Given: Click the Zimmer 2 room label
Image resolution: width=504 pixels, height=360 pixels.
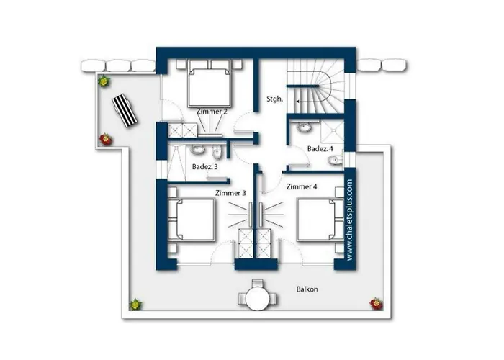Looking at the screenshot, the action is [212, 112].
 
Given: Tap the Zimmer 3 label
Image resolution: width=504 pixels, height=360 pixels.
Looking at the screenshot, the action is [230, 193].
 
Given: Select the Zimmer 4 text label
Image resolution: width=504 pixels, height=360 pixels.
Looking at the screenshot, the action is [302, 186].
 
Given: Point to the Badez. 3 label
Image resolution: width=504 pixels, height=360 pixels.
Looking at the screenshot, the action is [204, 167].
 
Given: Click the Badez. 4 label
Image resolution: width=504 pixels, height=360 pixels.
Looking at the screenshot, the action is [320, 149].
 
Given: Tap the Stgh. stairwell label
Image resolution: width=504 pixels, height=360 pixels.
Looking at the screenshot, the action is [275, 99].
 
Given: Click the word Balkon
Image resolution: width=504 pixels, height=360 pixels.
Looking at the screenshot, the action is [307, 289].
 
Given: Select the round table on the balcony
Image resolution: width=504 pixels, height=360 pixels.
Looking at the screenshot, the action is [258, 298].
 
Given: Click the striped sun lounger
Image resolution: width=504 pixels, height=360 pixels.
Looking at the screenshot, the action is [125, 111].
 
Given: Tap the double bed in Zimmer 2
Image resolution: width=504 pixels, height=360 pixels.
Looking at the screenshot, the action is [210, 84].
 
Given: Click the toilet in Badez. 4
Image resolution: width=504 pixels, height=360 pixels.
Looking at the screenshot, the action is [336, 160].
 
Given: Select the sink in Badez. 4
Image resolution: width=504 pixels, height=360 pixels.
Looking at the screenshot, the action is [304, 127].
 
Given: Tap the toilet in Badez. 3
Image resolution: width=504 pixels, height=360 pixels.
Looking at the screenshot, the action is [217, 153].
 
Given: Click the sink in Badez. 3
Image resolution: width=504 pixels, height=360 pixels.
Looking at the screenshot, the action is [198, 150].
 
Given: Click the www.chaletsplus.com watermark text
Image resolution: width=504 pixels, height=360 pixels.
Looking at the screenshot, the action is [350, 220].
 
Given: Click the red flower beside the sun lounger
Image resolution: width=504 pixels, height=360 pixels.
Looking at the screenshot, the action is [105, 140].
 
